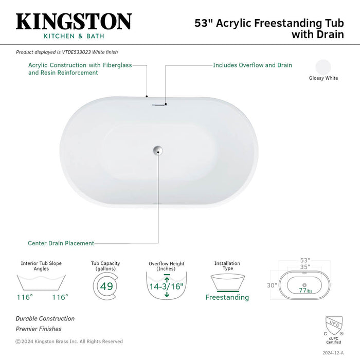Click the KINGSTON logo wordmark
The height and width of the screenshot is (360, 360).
74,22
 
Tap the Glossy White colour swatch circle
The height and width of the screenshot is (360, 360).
323,67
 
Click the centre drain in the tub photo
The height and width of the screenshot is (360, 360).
158,150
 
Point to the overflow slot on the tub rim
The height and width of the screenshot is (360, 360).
159,105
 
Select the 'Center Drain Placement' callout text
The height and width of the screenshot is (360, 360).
61,243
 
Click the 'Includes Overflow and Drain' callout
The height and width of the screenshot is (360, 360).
253,65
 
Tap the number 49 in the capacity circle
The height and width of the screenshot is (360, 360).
106,286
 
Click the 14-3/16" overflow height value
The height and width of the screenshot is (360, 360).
166,286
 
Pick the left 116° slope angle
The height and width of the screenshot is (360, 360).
25,297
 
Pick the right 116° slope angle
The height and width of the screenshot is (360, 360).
60,297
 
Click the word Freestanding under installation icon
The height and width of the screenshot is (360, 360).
227,297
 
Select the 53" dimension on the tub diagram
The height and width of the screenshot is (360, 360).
305,260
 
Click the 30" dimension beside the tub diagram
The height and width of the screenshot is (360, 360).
272,285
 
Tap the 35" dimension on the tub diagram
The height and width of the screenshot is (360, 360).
305,267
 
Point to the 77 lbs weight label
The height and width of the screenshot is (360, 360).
305,291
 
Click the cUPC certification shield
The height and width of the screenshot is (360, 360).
334,326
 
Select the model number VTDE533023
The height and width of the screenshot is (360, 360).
76,52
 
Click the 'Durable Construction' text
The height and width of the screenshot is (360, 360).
45,319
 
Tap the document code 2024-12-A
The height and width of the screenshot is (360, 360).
333,353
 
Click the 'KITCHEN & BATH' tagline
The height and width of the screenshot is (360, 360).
74,36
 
